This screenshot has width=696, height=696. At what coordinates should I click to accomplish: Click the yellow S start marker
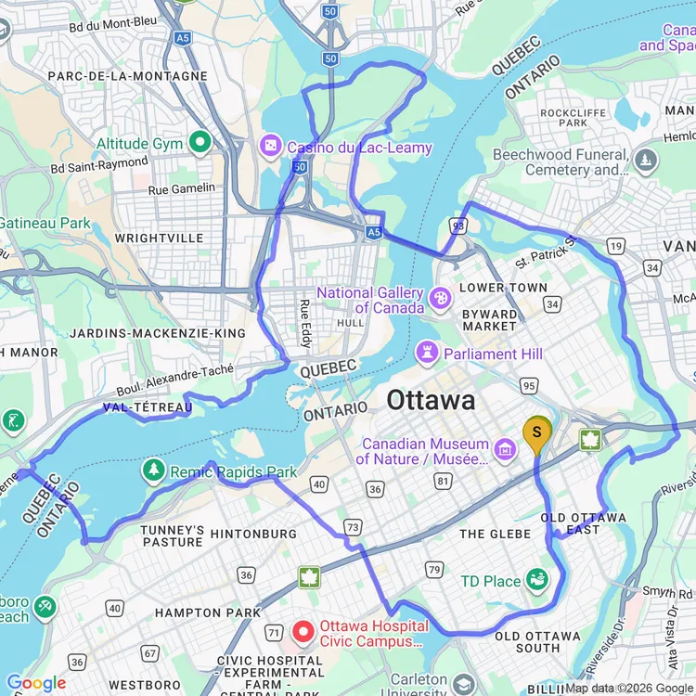point(537,432)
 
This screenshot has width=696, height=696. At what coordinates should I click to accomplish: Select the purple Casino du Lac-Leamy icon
point(270,147)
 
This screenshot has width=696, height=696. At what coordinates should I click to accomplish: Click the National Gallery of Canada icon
point(441,299)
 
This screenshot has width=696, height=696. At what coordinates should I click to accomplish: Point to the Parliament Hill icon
point(428,353)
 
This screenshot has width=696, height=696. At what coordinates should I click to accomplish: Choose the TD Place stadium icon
point(536,581)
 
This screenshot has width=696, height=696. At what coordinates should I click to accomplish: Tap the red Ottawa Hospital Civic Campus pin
point(303,632)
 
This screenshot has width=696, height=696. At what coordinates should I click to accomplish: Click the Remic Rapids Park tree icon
point(153,471)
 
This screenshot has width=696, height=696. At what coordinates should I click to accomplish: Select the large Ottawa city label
point(431,401)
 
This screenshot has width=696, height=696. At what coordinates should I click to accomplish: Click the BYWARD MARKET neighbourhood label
point(490,320)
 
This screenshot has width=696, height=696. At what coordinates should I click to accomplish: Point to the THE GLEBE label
point(496,534)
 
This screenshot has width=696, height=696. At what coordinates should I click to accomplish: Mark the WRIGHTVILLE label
point(159,238)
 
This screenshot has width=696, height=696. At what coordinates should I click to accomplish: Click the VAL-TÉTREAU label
point(148,407)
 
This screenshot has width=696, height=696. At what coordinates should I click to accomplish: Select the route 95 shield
point(530,384)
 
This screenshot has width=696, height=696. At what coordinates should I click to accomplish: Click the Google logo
point(36,683)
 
